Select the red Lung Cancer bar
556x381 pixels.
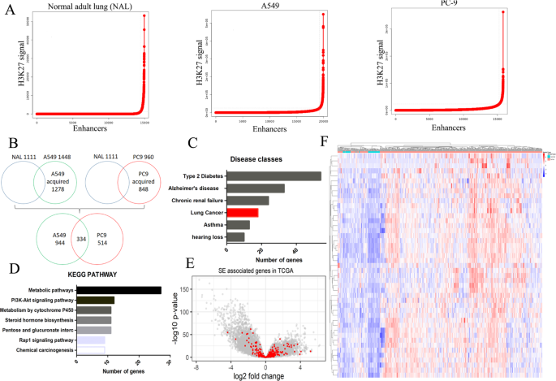click(244, 212)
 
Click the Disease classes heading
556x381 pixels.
click(254, 159)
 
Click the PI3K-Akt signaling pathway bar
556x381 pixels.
click(95, 301)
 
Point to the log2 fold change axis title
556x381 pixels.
click(242, 376)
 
